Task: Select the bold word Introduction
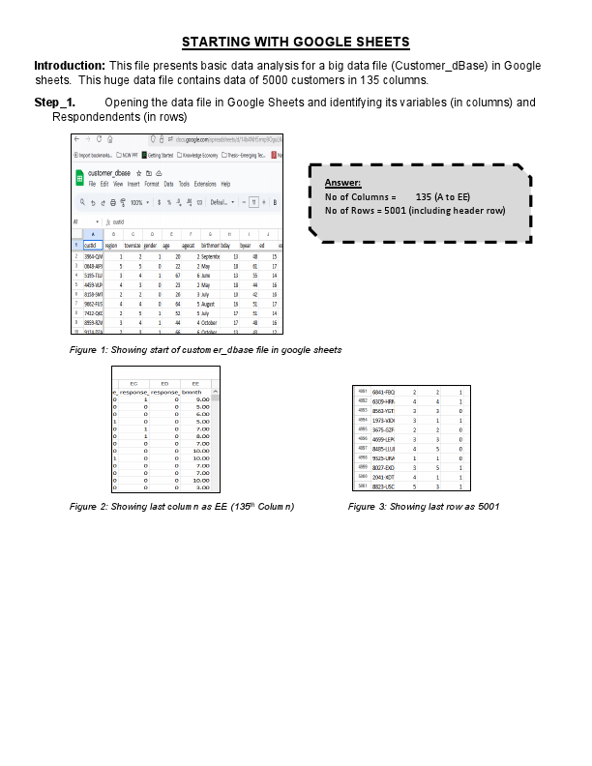(70, 65)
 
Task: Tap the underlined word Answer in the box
(342, 183)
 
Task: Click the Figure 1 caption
(206, 349)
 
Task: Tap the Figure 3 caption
(424, 506)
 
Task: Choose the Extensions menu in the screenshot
(204, 184)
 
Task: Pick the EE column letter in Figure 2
(195, 384)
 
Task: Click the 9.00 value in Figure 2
(202, 398)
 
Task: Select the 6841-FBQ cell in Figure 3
(383, 392)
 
